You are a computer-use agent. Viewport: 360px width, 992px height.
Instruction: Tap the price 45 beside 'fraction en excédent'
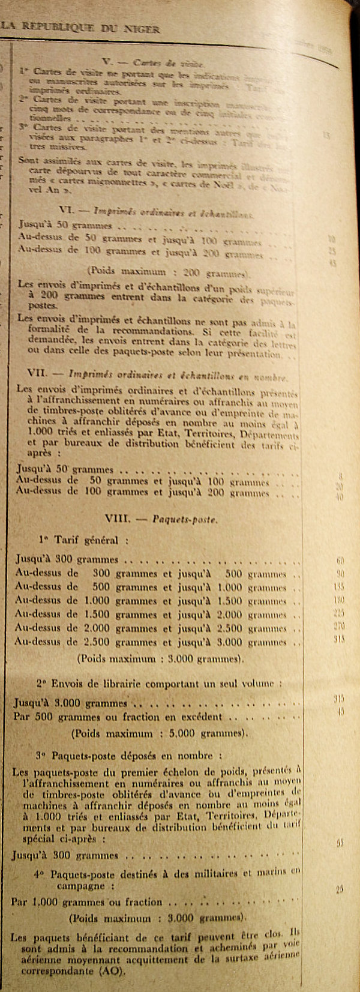tap(340, 712)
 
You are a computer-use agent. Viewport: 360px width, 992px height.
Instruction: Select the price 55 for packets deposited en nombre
tap(340, 843)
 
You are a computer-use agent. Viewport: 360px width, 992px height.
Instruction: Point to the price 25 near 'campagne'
tap(340, 889)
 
